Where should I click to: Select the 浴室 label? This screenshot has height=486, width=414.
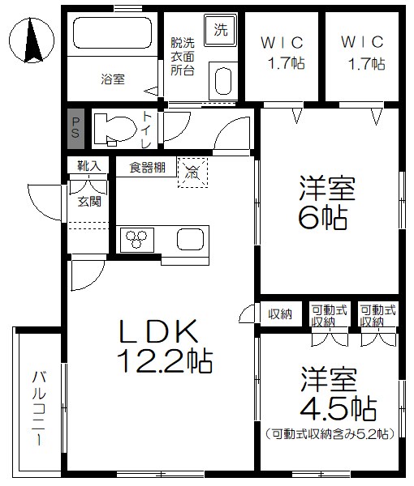113,79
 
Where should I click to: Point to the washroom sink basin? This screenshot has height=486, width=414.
223,82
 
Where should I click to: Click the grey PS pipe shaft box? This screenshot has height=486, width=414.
74,128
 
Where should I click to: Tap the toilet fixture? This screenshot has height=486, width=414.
113,128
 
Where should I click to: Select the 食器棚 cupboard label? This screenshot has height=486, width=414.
147,168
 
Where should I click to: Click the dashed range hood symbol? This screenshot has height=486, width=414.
192,171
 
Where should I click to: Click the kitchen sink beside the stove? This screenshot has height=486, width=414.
192,240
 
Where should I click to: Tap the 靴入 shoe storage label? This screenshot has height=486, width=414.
88,166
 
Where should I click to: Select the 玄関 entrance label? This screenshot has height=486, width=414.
89,201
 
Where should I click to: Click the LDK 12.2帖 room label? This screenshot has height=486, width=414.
166,346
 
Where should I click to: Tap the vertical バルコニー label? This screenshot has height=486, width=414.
38,409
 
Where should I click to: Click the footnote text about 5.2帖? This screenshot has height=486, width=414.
330,433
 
